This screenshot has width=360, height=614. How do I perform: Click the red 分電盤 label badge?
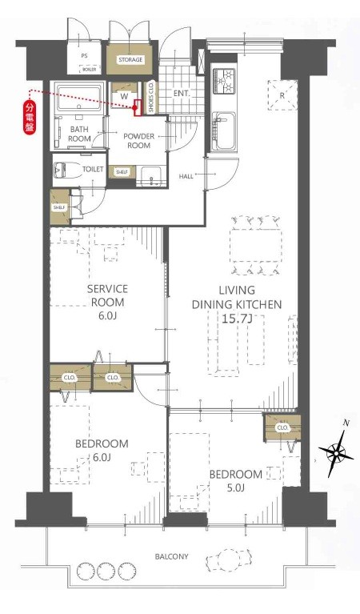click(30, 118)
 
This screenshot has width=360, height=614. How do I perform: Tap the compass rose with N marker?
click(336, 453)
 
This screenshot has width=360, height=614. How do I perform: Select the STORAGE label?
click(130, 60)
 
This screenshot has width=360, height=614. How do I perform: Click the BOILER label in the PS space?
click(90, 70)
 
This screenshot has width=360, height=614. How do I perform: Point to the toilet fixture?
click(66, 170)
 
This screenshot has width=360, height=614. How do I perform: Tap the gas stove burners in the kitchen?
click(224, 81)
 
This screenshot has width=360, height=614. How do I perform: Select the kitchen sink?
click(224, 130)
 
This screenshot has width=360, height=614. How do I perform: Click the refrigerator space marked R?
click(282, 95)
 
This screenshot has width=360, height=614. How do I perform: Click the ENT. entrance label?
click(181, 94)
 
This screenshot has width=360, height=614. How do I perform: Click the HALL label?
click(186, 176)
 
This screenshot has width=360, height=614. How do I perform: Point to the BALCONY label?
click(171, 556)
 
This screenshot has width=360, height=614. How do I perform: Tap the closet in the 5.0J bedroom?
click(282, 427)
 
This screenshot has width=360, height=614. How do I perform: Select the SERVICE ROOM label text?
click(107, 295)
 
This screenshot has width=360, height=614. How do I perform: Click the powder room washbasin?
click(151, 176)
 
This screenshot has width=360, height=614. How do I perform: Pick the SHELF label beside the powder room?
click(122, 172)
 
